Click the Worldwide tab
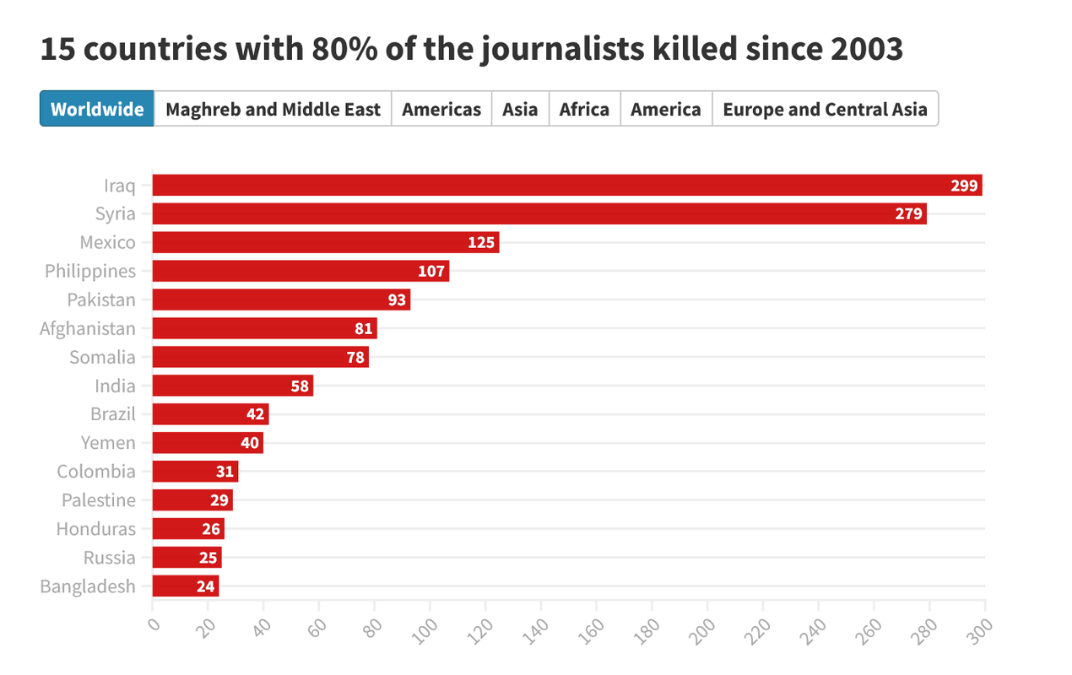tap(97, 109)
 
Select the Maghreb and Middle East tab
tap(273, 109)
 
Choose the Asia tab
tap(520, 109)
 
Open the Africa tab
tap(584, 109)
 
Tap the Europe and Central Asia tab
tap(825, 109)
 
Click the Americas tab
tap(441, 109)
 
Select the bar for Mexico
tap(325, 243)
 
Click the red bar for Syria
tap(539, 214)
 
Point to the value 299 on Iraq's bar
tap(964, 186)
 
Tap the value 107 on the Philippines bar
tap(431, 272)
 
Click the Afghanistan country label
tap(88, 328)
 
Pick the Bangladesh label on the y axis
tap(88, 586)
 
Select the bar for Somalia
tap(260, 358)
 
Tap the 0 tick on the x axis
tap(153, 624)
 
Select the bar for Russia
tap(187, 558)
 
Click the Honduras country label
tap(95, 529)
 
